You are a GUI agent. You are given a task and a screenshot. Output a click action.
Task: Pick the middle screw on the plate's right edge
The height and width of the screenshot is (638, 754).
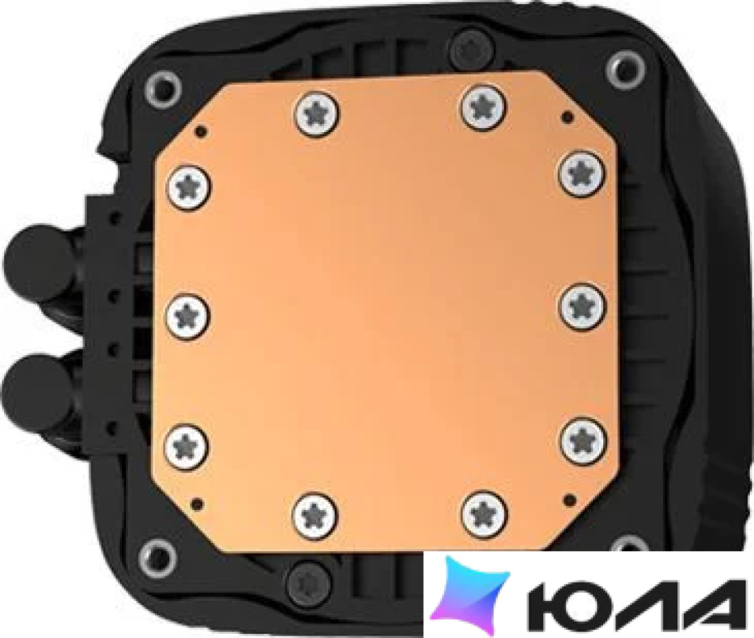583,306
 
